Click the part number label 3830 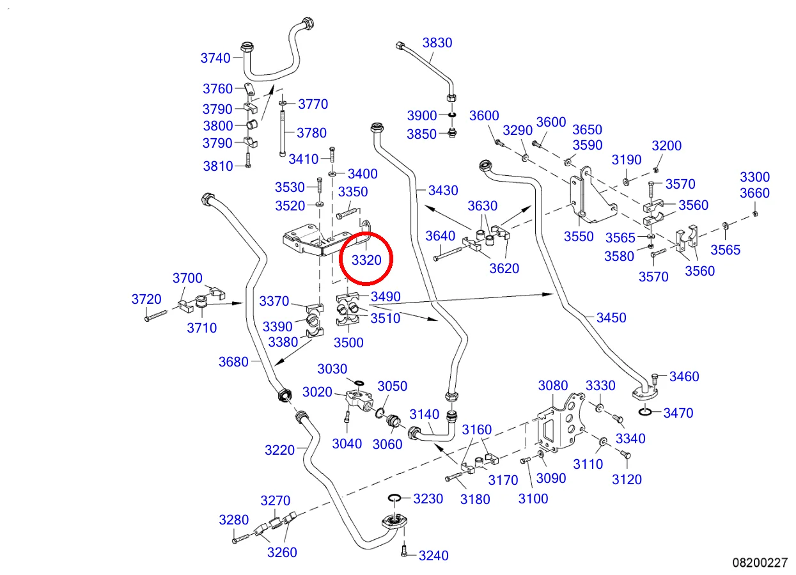pos(437,43)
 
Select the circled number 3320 pos(366,260)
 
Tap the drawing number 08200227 pos(760,563)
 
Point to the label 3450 pos(611,318)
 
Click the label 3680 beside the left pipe pos(233,362)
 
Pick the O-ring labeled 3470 pos(645,411)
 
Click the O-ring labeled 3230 pos(394,498)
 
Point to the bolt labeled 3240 pos(403,551)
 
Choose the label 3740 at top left pos(215,58)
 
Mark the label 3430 pos(443,190)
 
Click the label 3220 pos(280,450)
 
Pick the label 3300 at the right pos(755,177)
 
